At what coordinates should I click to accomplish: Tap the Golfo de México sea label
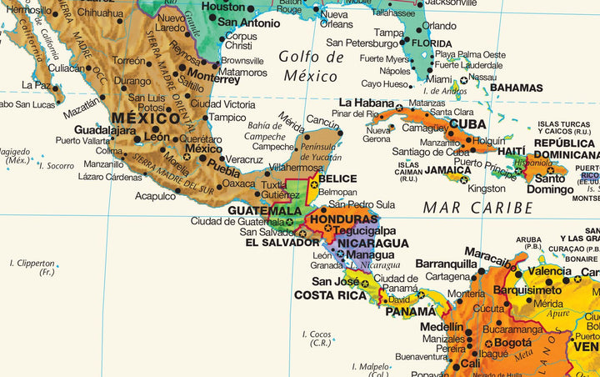pos(311,67)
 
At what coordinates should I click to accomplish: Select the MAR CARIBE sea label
pos(477,207)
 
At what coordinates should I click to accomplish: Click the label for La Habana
pos(366,103)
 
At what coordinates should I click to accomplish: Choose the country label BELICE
pos(337,178)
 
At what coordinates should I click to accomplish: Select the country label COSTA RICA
pos(330,295)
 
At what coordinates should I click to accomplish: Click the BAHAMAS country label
pos(516,88)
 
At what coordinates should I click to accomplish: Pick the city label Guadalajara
pos(104,130)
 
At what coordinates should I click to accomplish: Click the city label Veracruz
pos(244,159)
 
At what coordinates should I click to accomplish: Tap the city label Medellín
pos(441,327)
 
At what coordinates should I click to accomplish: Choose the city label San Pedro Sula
pos(361,204)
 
